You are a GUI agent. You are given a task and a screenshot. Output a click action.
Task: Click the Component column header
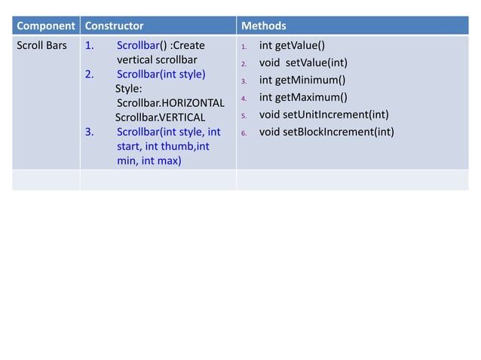[45, 26]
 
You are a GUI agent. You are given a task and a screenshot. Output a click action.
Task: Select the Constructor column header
[114, 26]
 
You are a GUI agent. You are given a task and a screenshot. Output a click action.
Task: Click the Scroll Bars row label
[41, 45]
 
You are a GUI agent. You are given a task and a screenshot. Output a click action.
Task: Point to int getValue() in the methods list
[292, 46]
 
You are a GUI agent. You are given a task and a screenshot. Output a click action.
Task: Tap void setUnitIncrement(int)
[323, 114]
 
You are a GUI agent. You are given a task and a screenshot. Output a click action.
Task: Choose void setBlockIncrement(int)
[326, 132]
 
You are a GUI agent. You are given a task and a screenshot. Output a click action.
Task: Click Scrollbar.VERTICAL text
[160, 117]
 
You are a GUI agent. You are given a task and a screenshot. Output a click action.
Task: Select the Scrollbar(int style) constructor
[161, 75]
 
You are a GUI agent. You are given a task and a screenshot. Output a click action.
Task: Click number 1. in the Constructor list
[89, 45]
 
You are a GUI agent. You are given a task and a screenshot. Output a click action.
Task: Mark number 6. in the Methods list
[244, 133]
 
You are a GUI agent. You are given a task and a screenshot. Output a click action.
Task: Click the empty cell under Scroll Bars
[45, 180]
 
